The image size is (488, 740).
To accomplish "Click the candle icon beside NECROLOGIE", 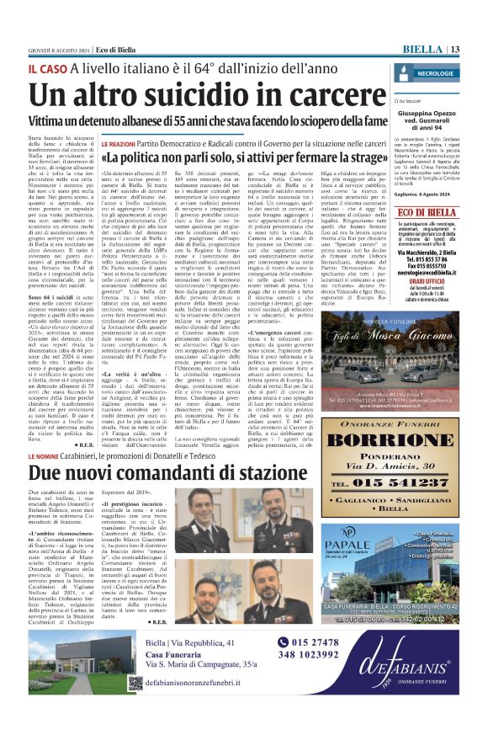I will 404,74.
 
